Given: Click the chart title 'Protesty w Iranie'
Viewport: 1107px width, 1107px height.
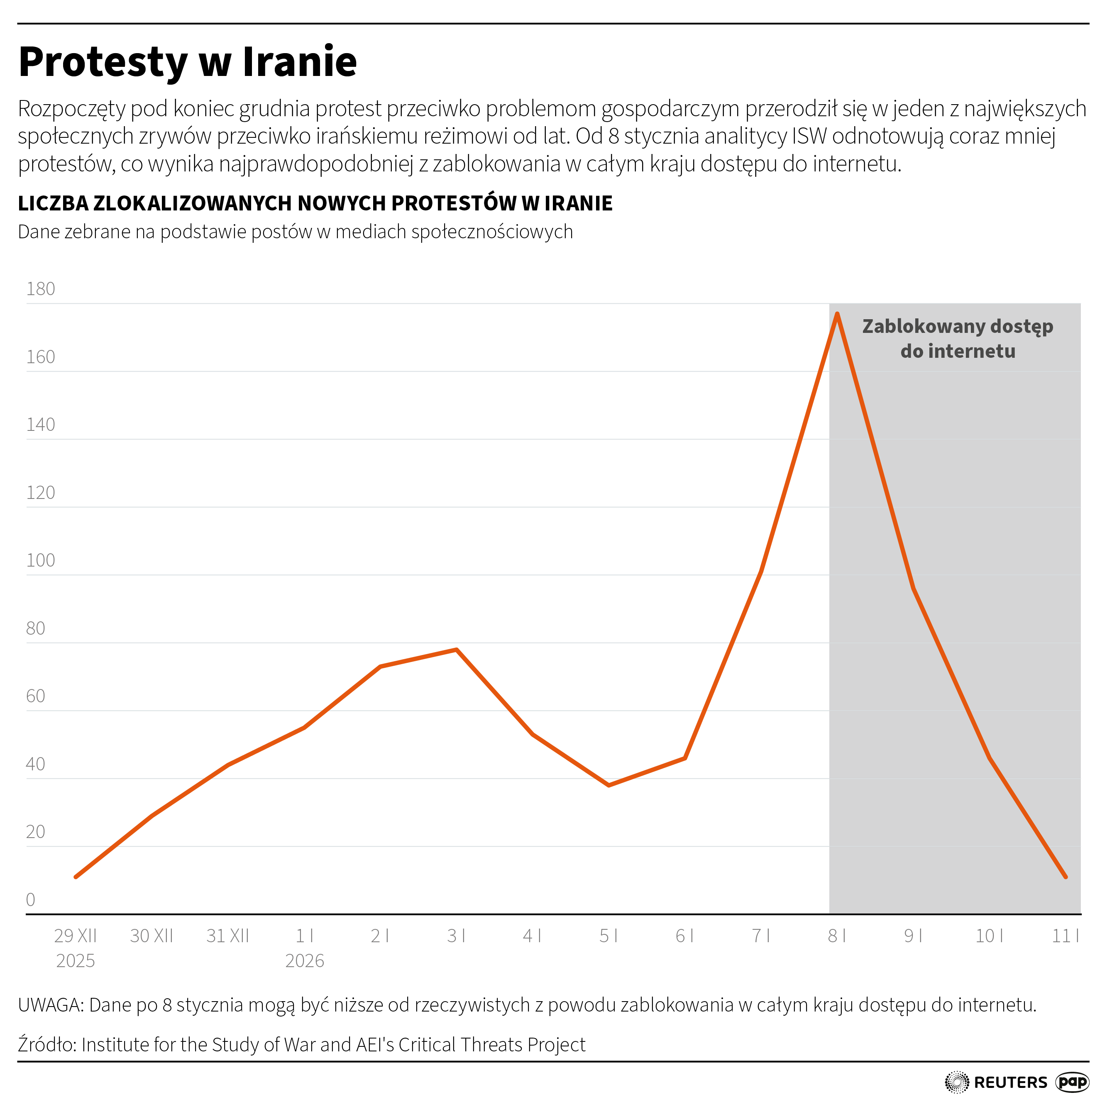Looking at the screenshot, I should click(x=188, y=62).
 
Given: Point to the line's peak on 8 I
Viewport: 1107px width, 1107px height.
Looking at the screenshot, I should click(x=837, y=314).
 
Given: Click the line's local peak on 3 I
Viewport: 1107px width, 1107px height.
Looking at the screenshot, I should click(x=456, y=649).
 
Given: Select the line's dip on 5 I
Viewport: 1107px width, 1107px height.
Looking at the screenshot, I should click(x=608, y=785).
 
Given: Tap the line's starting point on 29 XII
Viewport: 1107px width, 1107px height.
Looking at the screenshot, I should click(x=76, y=877).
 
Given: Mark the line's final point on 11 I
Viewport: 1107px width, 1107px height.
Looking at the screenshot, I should click(x=1066, y=877).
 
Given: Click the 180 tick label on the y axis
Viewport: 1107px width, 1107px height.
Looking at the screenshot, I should click(x=40, y=289).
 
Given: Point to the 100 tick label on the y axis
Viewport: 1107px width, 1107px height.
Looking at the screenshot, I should click(x=40, y=560).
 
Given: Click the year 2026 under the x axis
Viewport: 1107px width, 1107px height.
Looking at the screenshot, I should click(x=304, y=961).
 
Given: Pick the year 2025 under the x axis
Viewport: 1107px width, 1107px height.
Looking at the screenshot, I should click(x=75, y=961).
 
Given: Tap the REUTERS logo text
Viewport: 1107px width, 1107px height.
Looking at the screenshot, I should click(x=1010, y=1083).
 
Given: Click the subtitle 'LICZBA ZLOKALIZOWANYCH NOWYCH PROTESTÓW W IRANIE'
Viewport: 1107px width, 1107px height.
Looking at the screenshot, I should click(x=315, y=203).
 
